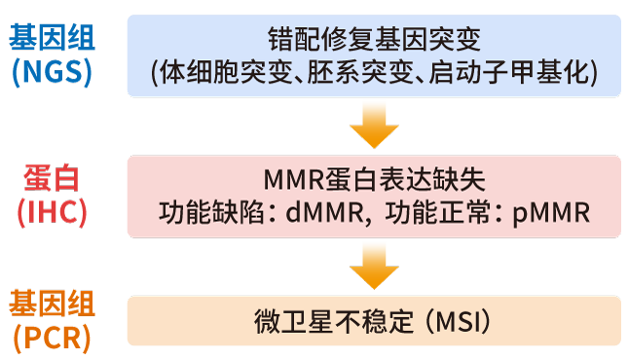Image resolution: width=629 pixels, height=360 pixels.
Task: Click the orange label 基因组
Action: pyautogui.click(x=53, y=306)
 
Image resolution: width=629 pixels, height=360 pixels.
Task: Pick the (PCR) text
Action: pyautogui.click(x=53, y=338)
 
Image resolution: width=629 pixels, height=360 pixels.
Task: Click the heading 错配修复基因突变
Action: pyautogui.click(x=374, y=39)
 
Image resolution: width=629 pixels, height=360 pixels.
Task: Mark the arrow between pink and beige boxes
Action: pyautogui.click(x=374, y=265)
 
